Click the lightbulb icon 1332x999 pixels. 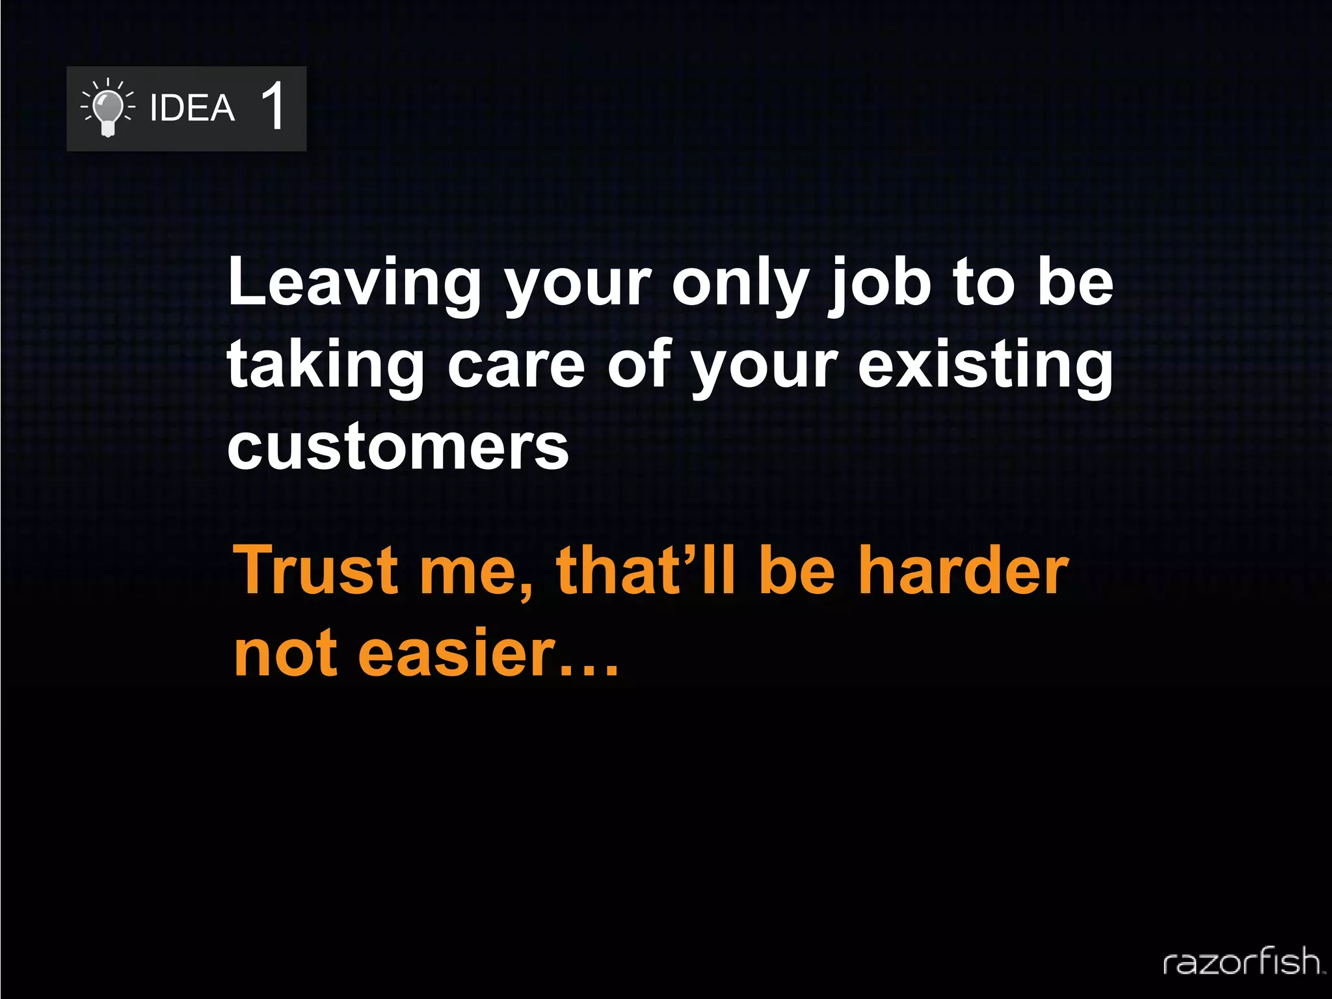point(108,109)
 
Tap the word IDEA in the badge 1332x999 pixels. point(192,108)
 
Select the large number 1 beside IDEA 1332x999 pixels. point(274,106)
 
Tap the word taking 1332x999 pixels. point(325,366)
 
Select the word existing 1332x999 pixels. point(985,366)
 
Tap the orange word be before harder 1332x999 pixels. point(797,570)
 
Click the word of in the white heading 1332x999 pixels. point(639,366)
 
